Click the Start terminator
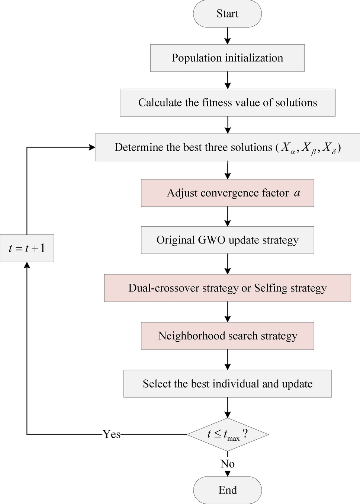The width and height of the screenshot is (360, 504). click(x=227, y=14)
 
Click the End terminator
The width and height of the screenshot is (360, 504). click(x=227, y=490)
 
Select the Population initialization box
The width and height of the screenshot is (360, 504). click(x=227, y=58)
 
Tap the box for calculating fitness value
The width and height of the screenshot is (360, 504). click(x=227, y=103)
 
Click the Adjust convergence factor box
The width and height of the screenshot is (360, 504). click(x=227, y=193)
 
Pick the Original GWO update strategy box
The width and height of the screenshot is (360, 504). click(x=227, y=240)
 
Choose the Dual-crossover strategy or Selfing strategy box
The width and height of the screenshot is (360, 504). click(x=227, y=288)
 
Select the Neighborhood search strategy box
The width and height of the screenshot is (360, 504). click(x=227, y=336)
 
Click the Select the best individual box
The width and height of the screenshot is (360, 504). click(x=227, y=384)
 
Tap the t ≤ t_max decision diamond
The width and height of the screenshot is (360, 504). click(x=227, y=434)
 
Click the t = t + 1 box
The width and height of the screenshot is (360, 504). click(x=27, y=248)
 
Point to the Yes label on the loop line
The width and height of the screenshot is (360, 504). click(x=112, y=434)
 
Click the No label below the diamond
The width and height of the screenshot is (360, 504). click(x=227, y=464)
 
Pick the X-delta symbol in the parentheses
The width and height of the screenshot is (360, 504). click(x=329, y=148)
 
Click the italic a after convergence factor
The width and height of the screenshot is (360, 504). click(x=297, y=193)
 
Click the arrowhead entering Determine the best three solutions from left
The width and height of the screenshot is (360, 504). click(x=92, y=147)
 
